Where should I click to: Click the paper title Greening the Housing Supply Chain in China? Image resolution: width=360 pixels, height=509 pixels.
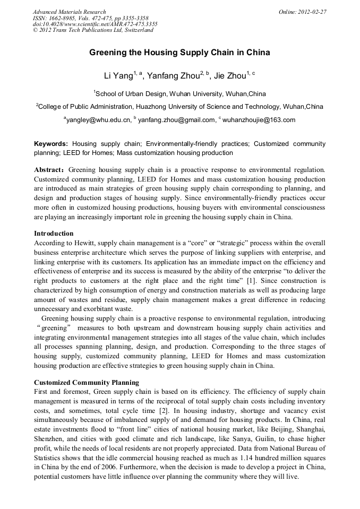click(x=179, y=53)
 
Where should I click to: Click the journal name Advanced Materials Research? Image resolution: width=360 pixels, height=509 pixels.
click(x=69, y=12)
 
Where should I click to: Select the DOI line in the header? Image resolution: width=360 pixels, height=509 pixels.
click(x=95, y=24)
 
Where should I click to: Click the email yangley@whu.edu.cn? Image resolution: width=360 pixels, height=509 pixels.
click(x=99, y=120)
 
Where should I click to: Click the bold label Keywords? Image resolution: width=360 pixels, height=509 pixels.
click(x=51, y=144)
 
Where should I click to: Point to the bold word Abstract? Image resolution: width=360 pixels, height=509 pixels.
click(x=49, y=170)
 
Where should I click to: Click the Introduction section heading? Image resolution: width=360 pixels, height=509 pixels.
click(x=54, y=234)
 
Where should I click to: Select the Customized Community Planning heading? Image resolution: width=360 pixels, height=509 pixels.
click(x=87, y=382)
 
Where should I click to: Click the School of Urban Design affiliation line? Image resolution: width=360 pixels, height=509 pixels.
click(x=179, y=93)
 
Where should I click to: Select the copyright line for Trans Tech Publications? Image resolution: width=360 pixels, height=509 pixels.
click(x=93, y=30)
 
